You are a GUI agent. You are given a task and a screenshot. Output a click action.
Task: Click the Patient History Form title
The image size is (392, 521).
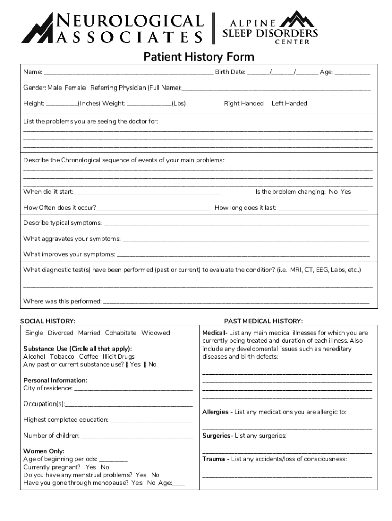[198, 56]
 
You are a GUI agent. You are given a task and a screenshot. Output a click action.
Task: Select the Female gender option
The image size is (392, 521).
[75, 88]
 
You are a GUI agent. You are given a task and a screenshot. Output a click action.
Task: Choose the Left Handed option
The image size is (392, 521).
[289, 103]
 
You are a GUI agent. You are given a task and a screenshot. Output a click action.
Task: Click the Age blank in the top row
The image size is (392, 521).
[353, 72]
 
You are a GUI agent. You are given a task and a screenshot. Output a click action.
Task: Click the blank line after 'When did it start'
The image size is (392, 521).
[147, 192]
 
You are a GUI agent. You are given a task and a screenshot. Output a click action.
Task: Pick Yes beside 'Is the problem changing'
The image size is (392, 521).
[346, 192]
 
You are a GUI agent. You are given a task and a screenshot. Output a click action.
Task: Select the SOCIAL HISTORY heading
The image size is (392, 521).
[48, 321]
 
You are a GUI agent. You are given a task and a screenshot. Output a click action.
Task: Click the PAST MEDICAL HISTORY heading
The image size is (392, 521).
[263, 321]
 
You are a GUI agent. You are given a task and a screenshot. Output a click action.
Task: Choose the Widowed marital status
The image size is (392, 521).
[155, 333]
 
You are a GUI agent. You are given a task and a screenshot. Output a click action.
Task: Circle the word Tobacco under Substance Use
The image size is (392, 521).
[62, 357]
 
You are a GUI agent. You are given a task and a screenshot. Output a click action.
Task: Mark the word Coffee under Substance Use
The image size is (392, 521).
[89, 357]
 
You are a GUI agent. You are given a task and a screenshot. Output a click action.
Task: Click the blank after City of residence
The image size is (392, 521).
[133, 389]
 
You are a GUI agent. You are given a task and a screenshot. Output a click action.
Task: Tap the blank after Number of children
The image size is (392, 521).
[137, 436]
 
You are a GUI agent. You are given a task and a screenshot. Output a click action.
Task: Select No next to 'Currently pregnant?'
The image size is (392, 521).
[105, 467]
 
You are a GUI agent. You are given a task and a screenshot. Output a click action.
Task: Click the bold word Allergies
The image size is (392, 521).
[215, 412]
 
